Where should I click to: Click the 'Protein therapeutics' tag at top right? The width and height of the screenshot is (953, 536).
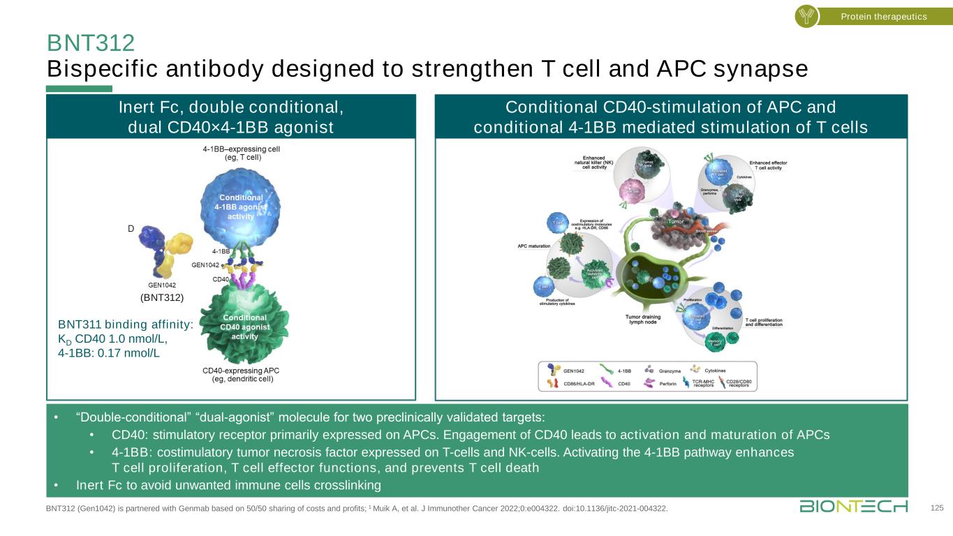(883, 16)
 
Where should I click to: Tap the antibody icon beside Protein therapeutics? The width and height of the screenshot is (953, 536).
(806, 16)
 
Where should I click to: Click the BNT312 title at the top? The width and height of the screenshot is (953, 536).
(90, 43)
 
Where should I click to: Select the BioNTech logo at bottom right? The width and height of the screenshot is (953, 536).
(854, 506)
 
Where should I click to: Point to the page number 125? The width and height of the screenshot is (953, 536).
(936, 508)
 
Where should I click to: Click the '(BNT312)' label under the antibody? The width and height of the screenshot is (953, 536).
(161, 297)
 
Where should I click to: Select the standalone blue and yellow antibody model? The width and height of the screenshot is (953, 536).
(165, 252)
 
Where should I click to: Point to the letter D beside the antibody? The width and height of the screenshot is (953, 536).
(131, 228)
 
